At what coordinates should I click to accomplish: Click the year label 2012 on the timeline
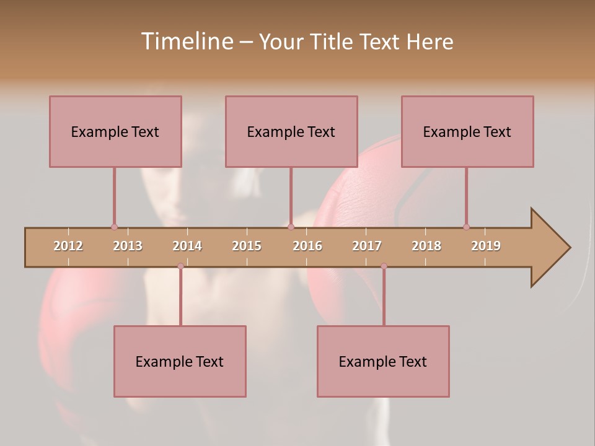[68, 246]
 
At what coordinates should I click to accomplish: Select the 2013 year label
[128, 246]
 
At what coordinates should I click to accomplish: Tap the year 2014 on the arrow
[187, 246]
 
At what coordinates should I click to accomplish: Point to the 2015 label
[247, 246]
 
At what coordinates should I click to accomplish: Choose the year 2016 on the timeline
[307, 246]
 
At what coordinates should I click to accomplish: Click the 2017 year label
[367, 246]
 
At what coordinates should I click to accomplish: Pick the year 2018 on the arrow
[426, 246]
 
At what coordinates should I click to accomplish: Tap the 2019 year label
[486, 246]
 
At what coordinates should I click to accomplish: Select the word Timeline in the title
[186, 42]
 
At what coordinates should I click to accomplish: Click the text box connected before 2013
[115, 131]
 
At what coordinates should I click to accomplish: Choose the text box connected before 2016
[291, 131]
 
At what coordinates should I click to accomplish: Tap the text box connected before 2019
[467, 131]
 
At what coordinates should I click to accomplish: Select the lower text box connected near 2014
[180, 361]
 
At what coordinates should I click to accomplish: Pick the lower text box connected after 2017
[383, 361]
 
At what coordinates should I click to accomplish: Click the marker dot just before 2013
[114, 227]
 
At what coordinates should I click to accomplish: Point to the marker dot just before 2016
[291, 227]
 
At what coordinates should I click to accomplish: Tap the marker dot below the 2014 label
[180, 266]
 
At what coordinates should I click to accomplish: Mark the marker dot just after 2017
[384, 266]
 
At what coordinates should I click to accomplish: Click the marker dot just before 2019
[466, 227]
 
